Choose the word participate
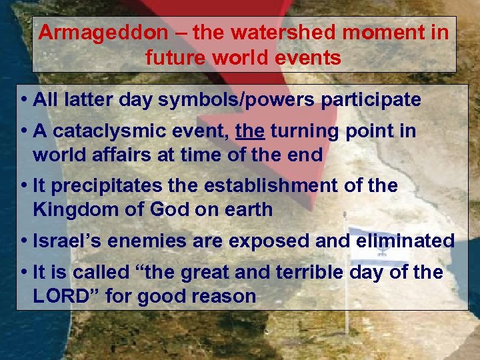click(371, 101)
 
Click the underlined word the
click(250, 131)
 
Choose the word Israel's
click(61, 240)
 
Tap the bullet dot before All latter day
click(23, 101)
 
